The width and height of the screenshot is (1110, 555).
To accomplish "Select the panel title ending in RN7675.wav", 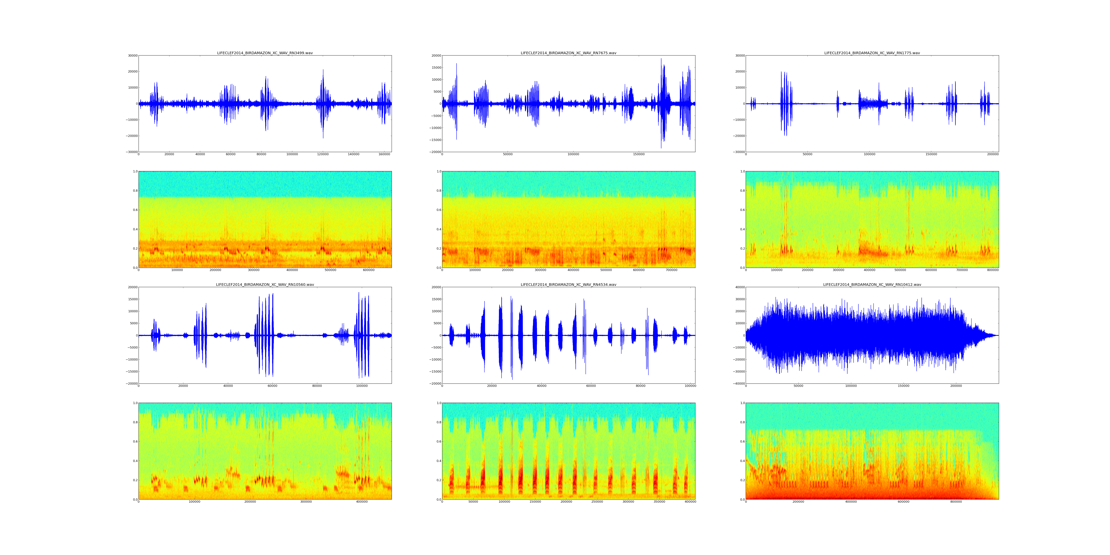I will pyautogui.click(x=568, y=53).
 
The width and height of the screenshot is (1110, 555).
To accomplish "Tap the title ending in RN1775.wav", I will pyautogui.click(x=872, y=53).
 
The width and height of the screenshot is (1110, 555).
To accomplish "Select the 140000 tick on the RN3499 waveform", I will pyautogui.click(x=353, y=154).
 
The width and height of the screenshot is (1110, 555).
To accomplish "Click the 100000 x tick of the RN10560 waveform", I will pyautogui.click(x=361, y=386).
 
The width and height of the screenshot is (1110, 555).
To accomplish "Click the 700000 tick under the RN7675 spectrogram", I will pyautogui.click(x=671, y=270).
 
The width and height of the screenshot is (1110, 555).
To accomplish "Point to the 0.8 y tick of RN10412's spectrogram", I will pyautogui.click(x=741, y=422).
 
